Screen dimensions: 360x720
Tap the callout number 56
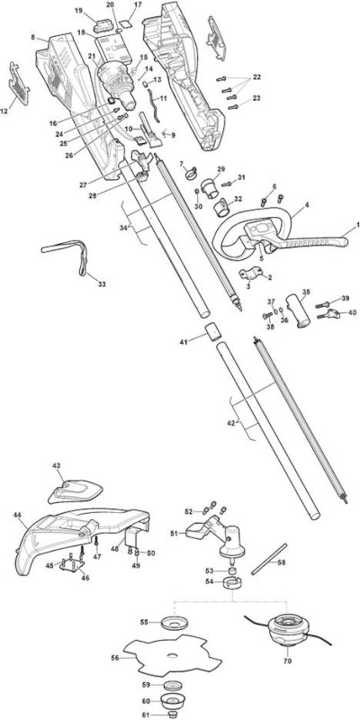115,658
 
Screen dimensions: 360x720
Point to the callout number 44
17,515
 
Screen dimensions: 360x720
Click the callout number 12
5,111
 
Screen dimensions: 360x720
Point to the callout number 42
232,422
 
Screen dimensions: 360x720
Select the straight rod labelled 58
269,559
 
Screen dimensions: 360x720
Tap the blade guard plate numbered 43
75,492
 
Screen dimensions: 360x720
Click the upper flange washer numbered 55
175,623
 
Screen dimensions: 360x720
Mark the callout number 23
256,98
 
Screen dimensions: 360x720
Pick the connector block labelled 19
103,25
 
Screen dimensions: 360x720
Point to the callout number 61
145,715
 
